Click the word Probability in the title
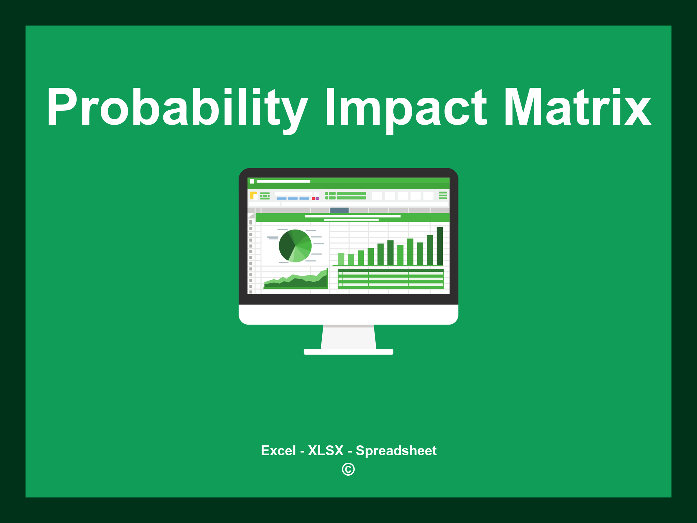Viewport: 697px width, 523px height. pos(177,107)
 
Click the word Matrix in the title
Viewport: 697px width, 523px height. pos(577,107)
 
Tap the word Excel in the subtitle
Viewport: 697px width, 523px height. pos(278,450)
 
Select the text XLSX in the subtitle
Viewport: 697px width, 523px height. pos(326,450)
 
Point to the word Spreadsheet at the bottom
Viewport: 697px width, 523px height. pos(396,450)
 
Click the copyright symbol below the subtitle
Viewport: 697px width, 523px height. pos(348,469)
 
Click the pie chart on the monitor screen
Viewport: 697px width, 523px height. pos(295,246)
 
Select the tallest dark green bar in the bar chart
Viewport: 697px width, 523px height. pos(440,246)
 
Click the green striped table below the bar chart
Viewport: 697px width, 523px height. pos(390,279)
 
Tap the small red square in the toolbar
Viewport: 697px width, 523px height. pos(313,199)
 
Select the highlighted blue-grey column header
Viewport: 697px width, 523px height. pos(339,210)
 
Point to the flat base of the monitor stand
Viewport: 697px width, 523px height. pos(348,352)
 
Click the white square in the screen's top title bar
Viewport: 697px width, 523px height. pos(252,181)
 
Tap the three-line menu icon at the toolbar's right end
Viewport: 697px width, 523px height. pos(443,195)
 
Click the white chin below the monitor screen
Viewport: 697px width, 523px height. pos(348,314)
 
